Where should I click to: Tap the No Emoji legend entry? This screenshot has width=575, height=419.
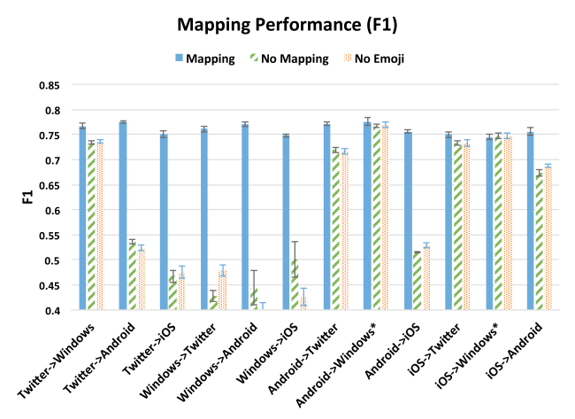378,58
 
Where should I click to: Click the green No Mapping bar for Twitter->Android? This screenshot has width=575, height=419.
132,275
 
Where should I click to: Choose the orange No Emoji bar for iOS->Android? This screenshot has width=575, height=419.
548,238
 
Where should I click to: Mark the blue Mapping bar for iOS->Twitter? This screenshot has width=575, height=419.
448,222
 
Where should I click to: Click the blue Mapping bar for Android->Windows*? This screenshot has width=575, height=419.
366,216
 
